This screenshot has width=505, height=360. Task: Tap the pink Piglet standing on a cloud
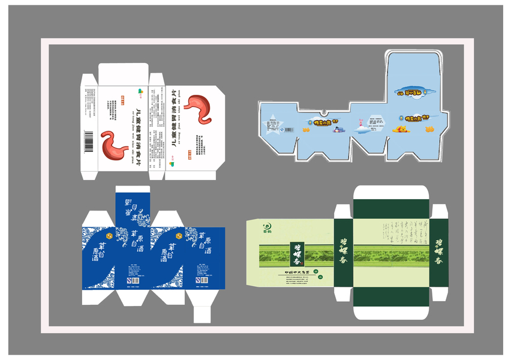(360, 124)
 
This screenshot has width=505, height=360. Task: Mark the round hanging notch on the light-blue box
(324, 112)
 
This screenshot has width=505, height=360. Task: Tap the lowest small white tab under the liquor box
(202, 314)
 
